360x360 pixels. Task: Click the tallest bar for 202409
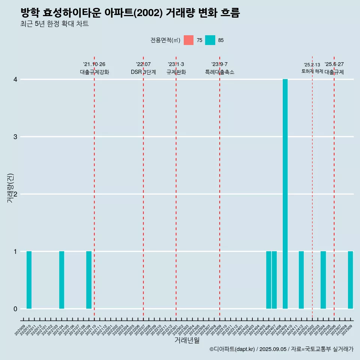click(x=285, y=194)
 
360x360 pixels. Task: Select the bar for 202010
click(x=29, y=280)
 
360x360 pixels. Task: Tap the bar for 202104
click(x=61, y=280)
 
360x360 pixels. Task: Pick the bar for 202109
click(x=89, y=280)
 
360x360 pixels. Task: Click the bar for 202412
click(x=301, y=280)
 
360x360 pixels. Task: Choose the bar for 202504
click(x=323, y=280)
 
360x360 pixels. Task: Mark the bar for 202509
click(x=350, y=280)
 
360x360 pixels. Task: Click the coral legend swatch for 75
click(x=189, y=40)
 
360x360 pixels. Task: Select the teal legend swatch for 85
click(x=210, y=40)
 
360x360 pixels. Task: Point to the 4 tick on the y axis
click(x=15, y=79)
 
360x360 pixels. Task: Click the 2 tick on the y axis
click(x=15, y=194)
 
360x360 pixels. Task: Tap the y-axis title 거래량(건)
click(x=10, y=188)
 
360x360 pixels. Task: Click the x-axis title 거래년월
click(x=187, y=340)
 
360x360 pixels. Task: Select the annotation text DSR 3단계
click(x=143, y=72)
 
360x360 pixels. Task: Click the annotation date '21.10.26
click(x=94, y=64)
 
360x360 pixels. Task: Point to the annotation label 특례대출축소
click(x=220, y=72)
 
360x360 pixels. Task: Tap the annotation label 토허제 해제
click(x=312, y=71)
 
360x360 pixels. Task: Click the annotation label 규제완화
click(x=176, y=72)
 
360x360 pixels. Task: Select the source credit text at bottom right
click(x=281, y=349)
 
